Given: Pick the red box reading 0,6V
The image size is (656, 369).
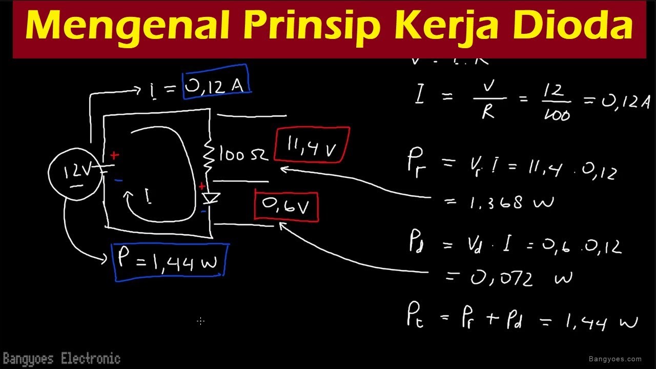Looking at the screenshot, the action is coord(286,206).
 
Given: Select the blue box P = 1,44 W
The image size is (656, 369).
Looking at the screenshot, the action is coord(170,262).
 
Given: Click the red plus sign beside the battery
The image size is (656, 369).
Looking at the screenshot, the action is coord(114,155).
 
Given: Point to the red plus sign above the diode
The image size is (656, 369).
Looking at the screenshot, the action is coord(202,187).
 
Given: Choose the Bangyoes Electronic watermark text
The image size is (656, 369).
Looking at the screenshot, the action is coord(61,358).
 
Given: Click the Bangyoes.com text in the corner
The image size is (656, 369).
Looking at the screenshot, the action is coord(615,359).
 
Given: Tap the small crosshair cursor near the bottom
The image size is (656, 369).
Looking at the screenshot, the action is coord(200,321).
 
